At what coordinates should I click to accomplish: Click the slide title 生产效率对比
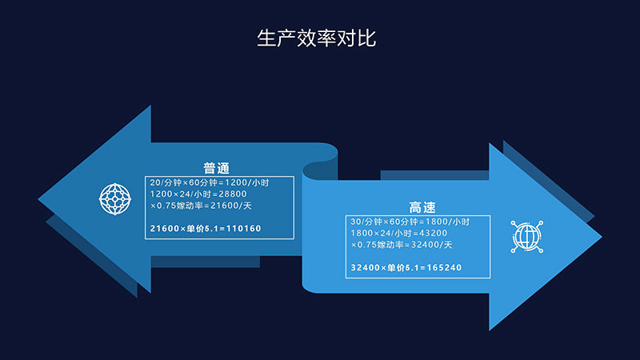[316, 38]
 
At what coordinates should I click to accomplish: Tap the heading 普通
[216, 168]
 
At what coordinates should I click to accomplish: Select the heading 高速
[422, 207]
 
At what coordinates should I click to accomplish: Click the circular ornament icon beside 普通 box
[115, 198]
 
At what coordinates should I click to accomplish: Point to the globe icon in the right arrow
[527, 237]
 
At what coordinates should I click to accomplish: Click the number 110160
[244, 229]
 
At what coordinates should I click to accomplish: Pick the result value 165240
[444, 268]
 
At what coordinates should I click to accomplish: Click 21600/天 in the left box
[231, 206]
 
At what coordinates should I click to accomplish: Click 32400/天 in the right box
[431, 245]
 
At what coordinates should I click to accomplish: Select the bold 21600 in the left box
[165, 229]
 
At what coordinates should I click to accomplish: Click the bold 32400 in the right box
[366, 268]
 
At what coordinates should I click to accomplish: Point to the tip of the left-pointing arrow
[38, 199]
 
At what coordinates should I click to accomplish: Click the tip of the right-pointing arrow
[602, 236]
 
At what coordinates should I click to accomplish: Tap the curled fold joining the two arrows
[321, 167]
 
